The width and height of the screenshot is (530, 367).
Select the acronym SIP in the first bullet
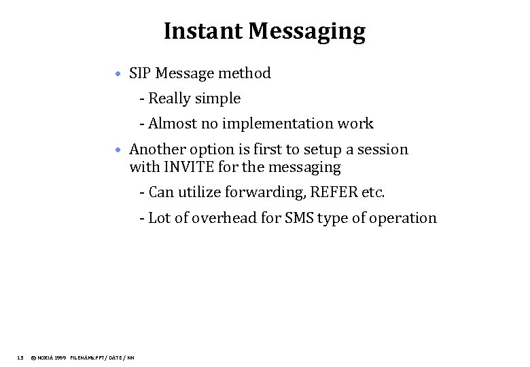coord(140,73)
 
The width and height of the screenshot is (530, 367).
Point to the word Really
coord(169,99)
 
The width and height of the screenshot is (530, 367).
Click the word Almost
coord(171,124)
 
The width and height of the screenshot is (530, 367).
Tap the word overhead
coord(224,218)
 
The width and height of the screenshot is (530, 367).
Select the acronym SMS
coord(298,218)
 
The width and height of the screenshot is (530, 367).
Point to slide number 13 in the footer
coord(20,357)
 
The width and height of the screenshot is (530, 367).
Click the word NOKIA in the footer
coord(47,357)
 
